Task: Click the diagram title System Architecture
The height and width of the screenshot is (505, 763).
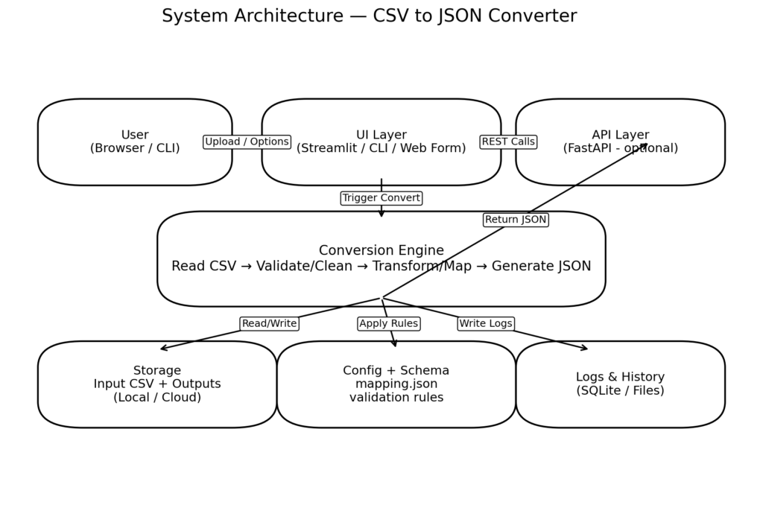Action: tap(369, 16)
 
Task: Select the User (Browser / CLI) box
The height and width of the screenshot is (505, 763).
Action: tap(135, 142)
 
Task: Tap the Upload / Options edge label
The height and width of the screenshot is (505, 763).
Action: tap(247, 142)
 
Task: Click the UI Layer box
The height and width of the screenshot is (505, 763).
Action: tap(381, 142)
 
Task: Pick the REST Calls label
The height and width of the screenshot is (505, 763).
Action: tap(508, 142)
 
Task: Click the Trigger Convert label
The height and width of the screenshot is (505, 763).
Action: tap(381, 198)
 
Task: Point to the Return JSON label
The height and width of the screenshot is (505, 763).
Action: tap(516, 220)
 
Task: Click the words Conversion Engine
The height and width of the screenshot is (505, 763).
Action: tap(381, 250)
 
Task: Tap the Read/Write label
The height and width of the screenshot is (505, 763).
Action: tap(269, 323)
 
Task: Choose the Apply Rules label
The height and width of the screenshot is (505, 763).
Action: tap(388, 323)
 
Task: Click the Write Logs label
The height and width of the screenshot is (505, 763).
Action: tap(485, 323)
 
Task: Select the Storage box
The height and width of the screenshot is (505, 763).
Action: tap(157, 384)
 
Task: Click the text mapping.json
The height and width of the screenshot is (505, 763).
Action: tap(396, 384)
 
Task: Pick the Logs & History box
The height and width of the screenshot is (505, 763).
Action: tap(620, 384)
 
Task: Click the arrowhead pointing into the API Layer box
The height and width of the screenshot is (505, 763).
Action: tap(645, 145)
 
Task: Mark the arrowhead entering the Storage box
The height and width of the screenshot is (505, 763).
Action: tap(163, 348)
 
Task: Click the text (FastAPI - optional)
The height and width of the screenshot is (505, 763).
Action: tap(620, 148)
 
